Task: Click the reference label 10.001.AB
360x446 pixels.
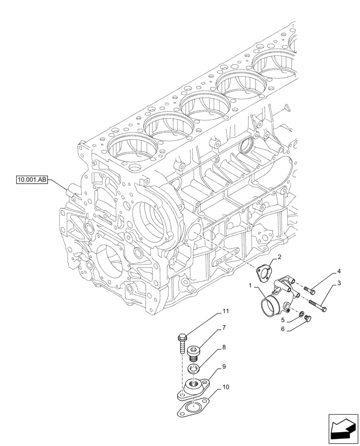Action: click(x=31, y=180)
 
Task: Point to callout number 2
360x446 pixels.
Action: click(x=279, y=257)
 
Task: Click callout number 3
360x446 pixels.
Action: click(x=339, y=283)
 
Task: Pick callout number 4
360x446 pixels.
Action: click(x=339, y=271)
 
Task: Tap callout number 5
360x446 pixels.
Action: click(x=282, y=320)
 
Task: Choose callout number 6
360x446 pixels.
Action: click(x=282, y=330)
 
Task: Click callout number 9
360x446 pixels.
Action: click(x=224, y=367)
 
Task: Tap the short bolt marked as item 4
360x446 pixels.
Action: click(x=310, y=290)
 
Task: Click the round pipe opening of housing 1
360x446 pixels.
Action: click(x=270, y=310)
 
